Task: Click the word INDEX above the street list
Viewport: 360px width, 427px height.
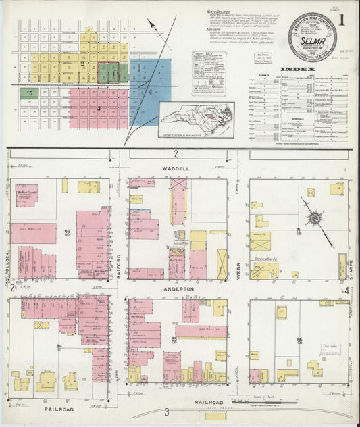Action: tap(297, 70)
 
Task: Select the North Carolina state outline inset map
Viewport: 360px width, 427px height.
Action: tap(197, 120)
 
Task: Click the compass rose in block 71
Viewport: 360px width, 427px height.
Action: tap(314, 219)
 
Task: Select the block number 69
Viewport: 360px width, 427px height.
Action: tap(68, 233)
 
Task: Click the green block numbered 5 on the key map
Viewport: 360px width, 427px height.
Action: tap(30, 93)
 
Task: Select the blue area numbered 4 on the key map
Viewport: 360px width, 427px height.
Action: tap(151, 91)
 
